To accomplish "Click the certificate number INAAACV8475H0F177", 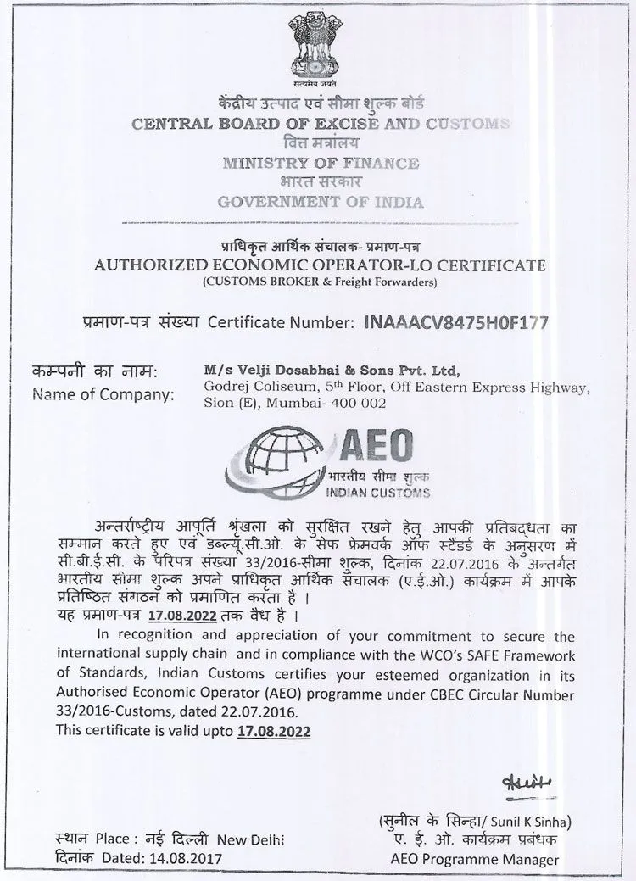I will click(x=455, y=322).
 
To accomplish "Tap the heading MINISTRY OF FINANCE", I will click(x=320, y=163).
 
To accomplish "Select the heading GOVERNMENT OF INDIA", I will click(x=320, y=202).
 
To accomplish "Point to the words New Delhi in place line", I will click(x=251, y=840).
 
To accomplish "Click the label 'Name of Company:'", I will click(x=103, y=394).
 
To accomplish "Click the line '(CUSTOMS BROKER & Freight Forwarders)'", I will click(x=320, y=281).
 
